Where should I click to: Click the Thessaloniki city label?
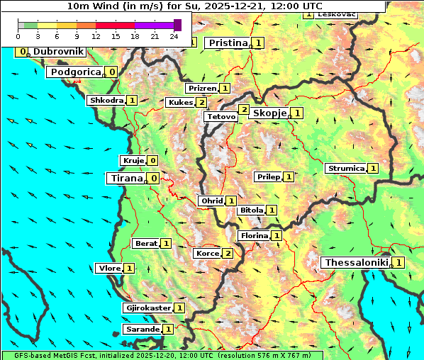(x=356, y=263)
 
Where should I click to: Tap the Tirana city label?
(x=125, y=179)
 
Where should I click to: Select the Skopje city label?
(x=269, y=113)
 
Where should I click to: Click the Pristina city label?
(x=228, y=43)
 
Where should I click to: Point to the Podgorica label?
(x=75, y=72)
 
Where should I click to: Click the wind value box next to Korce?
(x=228, y=254)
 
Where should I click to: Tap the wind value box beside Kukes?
(x=202, y=103)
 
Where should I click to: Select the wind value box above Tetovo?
(x=243, y=109)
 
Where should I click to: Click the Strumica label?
(x=345, y=169)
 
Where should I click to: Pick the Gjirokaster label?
(x=147, y=308)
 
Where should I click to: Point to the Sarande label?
(x=142, y=330)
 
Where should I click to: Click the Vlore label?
(x=108, y=269)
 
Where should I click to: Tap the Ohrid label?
(x=211, y=201)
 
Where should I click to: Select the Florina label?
(x=254, y=236)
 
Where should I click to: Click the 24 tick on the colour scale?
(x=174, y=36)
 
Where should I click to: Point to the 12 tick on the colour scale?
(x=96, y=36)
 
